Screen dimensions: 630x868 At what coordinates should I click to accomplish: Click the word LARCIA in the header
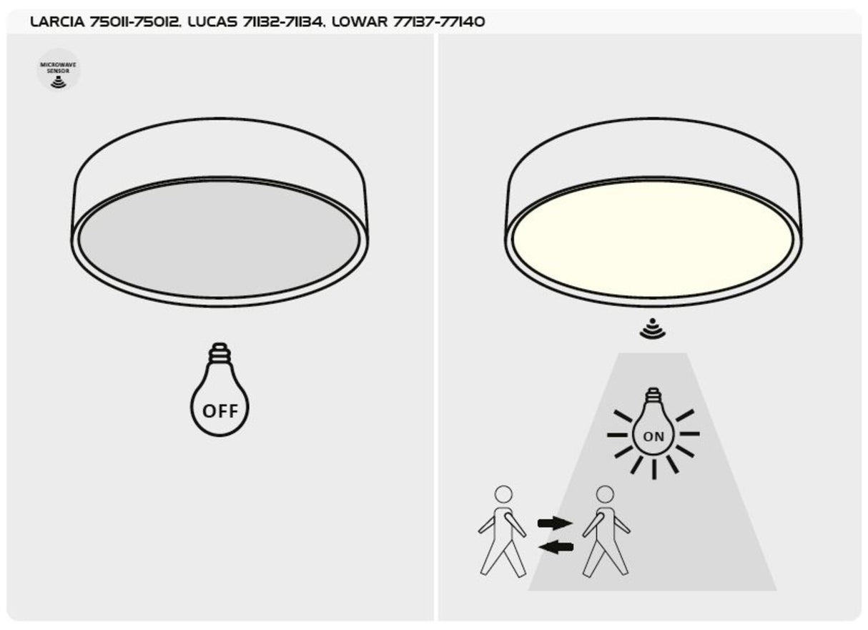pyautogui.click(x=58, y=22)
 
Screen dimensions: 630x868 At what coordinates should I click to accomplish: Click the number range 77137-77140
pyautogui.click(x=439, y=22)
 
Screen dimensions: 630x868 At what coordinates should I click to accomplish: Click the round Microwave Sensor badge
pyautogui.click(x=59, y=70)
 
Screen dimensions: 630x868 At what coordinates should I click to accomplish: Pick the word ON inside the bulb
pyautogui.click(x=654, y=436)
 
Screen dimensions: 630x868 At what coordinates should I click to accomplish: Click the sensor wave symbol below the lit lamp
pyautogui.click(x=652, y=330)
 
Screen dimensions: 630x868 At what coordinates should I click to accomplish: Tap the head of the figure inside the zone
pyautogui.click(x=606, y=494)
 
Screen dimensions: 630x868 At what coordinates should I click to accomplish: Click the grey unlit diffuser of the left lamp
pyautogui.click(x=220, y=238)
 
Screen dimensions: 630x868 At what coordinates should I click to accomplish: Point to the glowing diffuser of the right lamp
pyautogui.click(x=653, y=238)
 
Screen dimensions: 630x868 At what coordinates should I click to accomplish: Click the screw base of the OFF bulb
pyautogui.click(x=220, y=354)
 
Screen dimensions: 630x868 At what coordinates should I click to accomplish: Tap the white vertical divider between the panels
pyautogui.click(x=435, y=322)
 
